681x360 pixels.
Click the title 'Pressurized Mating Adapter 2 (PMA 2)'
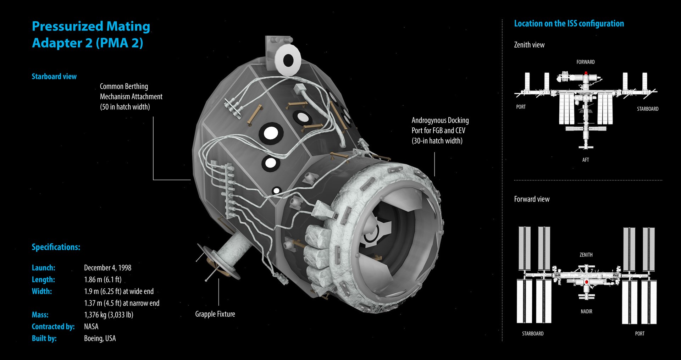pos(91,34)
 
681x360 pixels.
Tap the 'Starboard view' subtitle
pos(54,76)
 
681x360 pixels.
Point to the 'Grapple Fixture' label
pos(215,314)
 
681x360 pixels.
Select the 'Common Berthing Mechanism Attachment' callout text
pos(131,96)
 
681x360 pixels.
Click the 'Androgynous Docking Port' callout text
pos(440,131)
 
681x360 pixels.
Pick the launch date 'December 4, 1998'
pos(107,268)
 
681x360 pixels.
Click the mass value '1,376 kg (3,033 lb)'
pos(109,315)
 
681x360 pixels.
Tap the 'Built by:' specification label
pos(44,338)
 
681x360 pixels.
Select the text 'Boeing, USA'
pos(100,338)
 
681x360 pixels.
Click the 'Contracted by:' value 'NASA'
pos(91,327)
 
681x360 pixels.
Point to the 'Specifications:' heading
pos(56,247)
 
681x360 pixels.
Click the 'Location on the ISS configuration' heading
pos(569,24)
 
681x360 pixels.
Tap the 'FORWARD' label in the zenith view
pos(585,62)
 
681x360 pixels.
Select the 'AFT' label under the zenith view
pos(585,160)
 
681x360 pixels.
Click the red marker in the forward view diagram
pos(587,282)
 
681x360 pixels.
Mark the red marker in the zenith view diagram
pos(586,73)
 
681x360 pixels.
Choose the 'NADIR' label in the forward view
pos(586,311)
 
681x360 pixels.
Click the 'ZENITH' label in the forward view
pos(586,255)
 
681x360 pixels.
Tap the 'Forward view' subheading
pos(532,199)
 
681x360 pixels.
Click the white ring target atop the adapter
pos(288,60)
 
